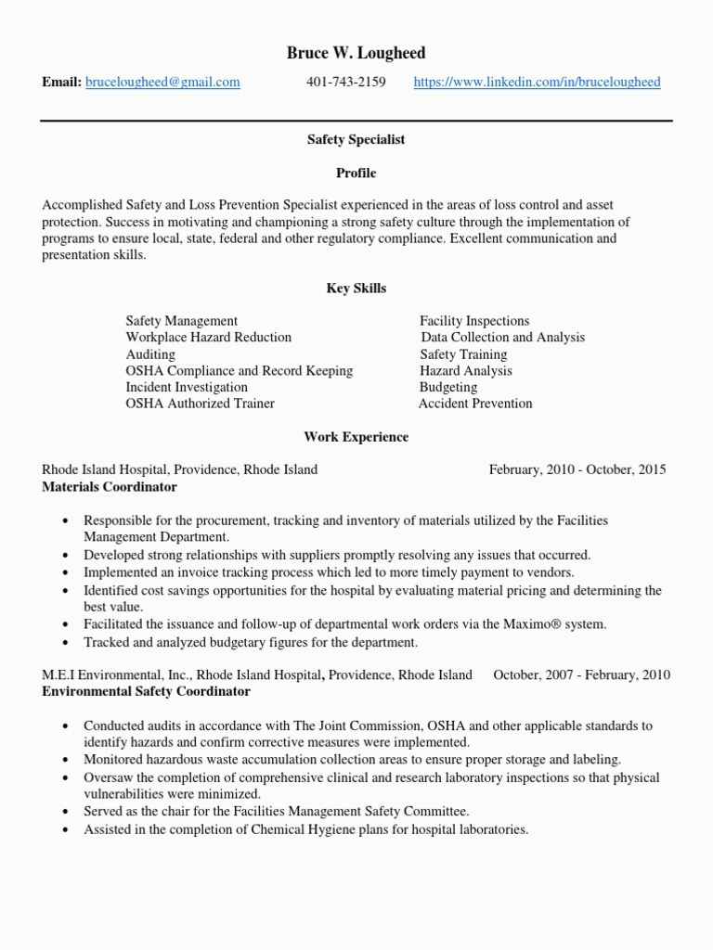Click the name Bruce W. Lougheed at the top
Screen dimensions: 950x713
[356, 53]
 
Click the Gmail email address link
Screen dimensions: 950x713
[162, 83]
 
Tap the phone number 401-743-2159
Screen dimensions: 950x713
[345, 83]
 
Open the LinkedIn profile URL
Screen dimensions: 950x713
[537, 83]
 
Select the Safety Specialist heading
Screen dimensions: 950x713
[356, 139]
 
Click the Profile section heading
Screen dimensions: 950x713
[356, 173]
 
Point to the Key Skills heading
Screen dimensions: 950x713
[356, 289]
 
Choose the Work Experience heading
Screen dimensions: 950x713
[356, 437]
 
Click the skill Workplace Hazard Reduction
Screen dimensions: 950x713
[208, 338]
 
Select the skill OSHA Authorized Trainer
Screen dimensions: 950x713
[200, 404]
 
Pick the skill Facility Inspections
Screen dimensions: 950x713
[474, 321]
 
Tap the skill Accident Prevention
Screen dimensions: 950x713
[475, 404]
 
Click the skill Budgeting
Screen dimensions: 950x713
[448, 387]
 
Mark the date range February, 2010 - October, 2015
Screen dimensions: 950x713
[577, 469]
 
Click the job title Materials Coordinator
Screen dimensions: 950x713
[110, 486]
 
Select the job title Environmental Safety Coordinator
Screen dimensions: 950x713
[146, 691]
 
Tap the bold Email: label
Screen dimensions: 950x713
[61, 83]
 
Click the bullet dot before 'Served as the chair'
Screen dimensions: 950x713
[64, 812]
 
